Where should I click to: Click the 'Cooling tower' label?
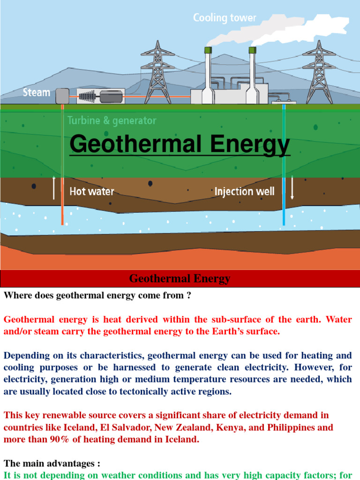225,18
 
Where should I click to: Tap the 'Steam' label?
37,92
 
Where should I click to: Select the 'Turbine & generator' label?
112,120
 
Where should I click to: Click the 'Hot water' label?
92,191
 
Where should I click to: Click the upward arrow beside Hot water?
54,187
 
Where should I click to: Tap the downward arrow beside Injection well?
292,188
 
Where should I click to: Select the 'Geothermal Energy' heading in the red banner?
180,279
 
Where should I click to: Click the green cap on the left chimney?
208,50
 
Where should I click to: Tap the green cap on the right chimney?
253,50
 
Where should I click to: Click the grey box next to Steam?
62,96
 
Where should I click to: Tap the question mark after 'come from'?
189,296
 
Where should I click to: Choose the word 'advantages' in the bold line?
69,464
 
